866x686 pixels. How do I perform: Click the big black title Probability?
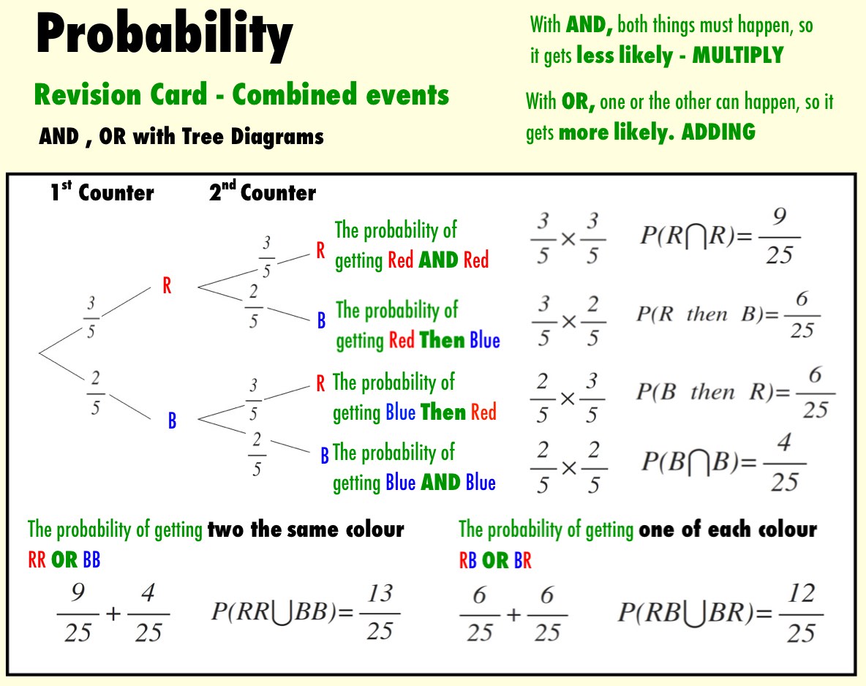[164, 34]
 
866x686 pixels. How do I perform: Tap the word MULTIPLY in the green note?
[738, 56]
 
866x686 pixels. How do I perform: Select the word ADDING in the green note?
[718, 132]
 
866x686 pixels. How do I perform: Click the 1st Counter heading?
[102, 192]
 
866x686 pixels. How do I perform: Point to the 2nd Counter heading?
[263, 192]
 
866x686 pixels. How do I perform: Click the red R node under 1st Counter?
[167, 285]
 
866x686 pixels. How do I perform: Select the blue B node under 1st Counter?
[172, 421]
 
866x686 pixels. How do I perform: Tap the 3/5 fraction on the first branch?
[91, 317]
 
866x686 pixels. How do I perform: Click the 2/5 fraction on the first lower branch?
[95, 393]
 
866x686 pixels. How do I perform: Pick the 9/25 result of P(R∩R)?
[779, 236]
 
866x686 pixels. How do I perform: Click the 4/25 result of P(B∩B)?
[784, 463]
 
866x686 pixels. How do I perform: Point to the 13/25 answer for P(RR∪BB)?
[380, 612]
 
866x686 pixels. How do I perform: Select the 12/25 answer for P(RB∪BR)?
[802, 613]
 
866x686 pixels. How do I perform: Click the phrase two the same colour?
[306, 529]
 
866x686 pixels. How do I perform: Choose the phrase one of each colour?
[728, 529]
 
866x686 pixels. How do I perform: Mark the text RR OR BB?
[64, 559]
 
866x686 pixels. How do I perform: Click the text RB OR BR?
[495, 560]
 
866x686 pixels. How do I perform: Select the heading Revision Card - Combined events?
[241, 94]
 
